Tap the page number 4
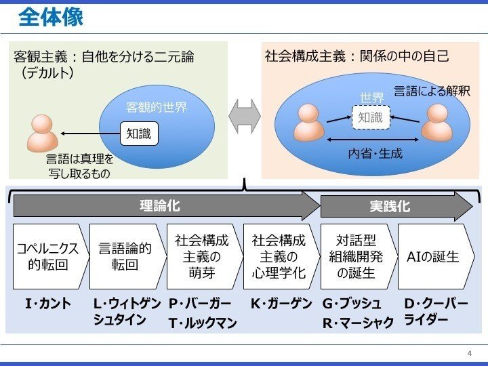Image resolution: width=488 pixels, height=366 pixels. click(x=469, y=353)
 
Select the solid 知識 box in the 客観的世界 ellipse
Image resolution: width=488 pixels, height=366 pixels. click(x=138, y=134)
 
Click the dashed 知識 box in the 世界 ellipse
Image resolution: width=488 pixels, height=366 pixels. click(x=370, y=118)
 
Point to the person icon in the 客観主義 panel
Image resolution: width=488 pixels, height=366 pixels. click(x=42, y=132)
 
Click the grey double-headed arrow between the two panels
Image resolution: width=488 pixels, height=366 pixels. click(x=244, y=117)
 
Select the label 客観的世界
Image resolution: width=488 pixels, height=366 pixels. click(x=157, y=107)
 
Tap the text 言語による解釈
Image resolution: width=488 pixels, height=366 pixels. click(x=432, y=91)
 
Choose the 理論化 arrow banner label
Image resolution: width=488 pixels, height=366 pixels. click(x=160, y=206)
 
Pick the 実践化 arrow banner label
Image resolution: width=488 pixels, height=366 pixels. click(x=390, y=206)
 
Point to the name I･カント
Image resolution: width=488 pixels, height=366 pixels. click(x=47, y=304)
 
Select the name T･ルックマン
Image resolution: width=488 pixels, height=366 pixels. click(x=203, y=323)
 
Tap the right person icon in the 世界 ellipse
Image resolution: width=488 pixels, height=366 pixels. click(x=436, y=122)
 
